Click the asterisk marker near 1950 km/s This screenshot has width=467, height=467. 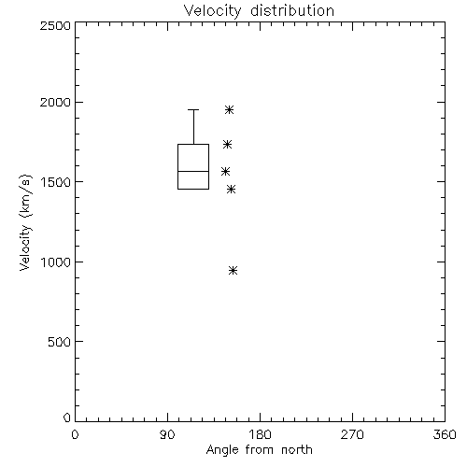click(x=229, y=109)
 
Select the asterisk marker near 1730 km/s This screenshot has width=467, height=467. click(x=227, y=144)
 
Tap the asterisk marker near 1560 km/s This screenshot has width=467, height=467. click(x=225, y=171)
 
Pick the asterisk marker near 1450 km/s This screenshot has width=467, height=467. click(x=231, y=189)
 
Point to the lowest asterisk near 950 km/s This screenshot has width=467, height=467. click(x=233, y=270)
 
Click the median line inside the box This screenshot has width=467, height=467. click(x=193, y=171)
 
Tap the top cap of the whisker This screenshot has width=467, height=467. click(x=193, y=109)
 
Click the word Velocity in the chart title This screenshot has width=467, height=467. click(x=213, y=11)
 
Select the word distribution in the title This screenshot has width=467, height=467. click(x=292, y=10)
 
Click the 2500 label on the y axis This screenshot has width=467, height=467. click(x=55, y=25)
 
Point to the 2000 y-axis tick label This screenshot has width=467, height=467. click(x=55, y=102)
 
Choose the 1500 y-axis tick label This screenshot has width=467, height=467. click(x=56, y=182)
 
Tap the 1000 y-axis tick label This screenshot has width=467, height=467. click(x=56, y=262)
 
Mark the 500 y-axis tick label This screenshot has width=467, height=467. click(x=60, y=342)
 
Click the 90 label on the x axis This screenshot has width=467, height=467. click(x=167, y=434)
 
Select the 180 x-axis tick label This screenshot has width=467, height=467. click(x=260, y=434)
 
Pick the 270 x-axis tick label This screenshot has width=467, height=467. click(x=352, y=434)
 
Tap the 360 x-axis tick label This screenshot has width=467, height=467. click(x=445, y=434)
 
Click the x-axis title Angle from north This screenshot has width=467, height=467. click(x=260, y=450)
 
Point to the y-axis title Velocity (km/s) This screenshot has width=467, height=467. click(x=25, y=222)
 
